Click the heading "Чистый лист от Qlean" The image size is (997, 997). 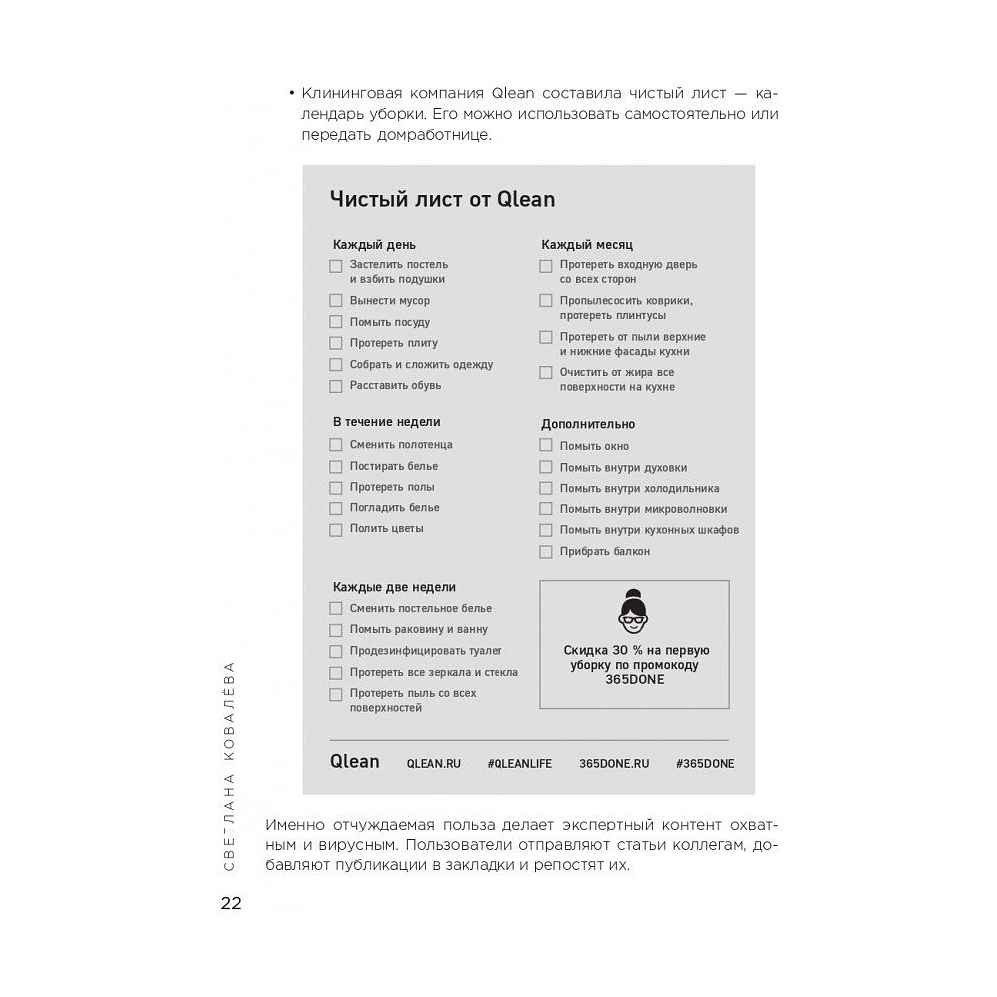tap(443, 200)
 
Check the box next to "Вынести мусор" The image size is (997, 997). tap(336, 301)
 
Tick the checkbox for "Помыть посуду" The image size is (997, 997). tap(336, 322)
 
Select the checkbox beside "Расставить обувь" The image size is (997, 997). tap(336, 386)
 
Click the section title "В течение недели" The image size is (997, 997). tap(386, 422)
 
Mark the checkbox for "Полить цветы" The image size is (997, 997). tap(336, 529)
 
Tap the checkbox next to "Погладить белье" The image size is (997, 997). tap(336, 508)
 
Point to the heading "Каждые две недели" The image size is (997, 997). tap(394, 587)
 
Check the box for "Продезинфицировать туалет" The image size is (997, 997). tap(336, 652)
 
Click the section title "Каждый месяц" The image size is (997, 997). tap(587, 244)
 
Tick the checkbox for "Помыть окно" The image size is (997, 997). tap(546, 446)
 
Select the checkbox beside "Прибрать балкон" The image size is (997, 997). tap(546, 552)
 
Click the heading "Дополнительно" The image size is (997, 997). tap(588, 424)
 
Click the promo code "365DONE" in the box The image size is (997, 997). tap(634, 680)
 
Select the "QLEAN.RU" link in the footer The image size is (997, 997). tap(434, 763)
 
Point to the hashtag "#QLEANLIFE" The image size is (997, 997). tap(519, 763)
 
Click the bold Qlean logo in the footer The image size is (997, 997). tap(355, 762)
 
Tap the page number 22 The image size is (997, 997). tap(231, 904)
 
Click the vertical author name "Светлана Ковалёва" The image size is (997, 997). tap(229, 765)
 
